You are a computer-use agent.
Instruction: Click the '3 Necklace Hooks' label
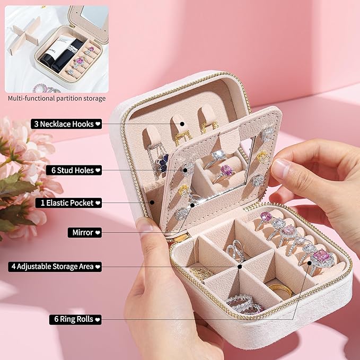coord(66,124)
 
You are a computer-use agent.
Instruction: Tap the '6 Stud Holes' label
coord(74,170)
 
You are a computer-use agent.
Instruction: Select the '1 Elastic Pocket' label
coord(68,203)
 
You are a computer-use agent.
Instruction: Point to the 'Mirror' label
coord(85,233)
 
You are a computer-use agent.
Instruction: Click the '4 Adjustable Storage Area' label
coord(55,267)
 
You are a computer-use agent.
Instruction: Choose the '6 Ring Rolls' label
coord(75,320)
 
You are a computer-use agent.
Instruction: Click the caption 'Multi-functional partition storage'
coord(57,99)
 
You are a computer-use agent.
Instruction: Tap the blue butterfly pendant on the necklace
coord(163,163)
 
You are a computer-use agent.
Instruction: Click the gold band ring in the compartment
coord(280,291)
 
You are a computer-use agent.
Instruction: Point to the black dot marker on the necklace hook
coord(182,124)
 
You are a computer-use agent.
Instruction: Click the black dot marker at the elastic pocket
coord(152,203)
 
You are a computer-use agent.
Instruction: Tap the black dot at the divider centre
coord(240,267)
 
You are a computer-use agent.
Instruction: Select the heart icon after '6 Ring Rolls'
coord(98,320)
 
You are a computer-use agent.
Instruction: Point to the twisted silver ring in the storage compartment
coord(236,251)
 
